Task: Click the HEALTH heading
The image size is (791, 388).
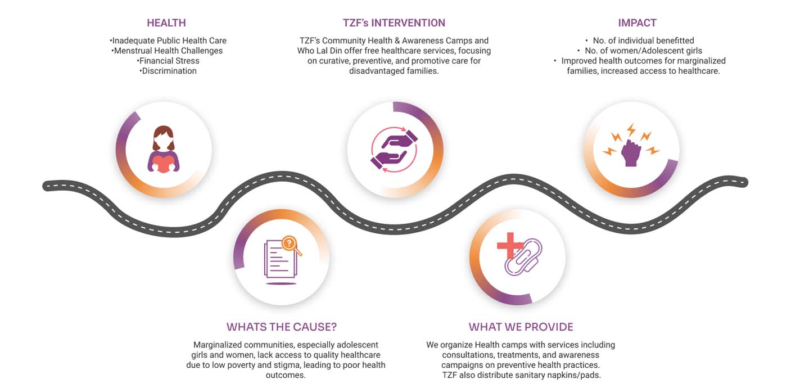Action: point(166,23)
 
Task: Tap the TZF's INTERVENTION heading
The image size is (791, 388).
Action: point(394,23)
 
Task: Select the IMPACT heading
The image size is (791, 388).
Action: point(637,23)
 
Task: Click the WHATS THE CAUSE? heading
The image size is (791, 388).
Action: point(282,327)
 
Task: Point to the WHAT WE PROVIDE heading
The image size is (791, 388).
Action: point(521,327)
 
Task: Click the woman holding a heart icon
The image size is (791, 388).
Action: point(164,150)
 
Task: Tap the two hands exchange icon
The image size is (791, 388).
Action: point(394,150)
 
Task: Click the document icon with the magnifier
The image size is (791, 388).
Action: point(282,260)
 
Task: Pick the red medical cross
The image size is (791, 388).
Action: point(509,246)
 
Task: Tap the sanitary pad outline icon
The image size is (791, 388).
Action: point(524,258)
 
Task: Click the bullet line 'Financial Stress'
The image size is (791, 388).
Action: point(168,61)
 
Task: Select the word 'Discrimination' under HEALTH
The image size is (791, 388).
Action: point(169,71)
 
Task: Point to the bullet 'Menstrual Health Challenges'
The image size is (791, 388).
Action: point(167,51)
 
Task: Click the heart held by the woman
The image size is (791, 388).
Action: point(164,164)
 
